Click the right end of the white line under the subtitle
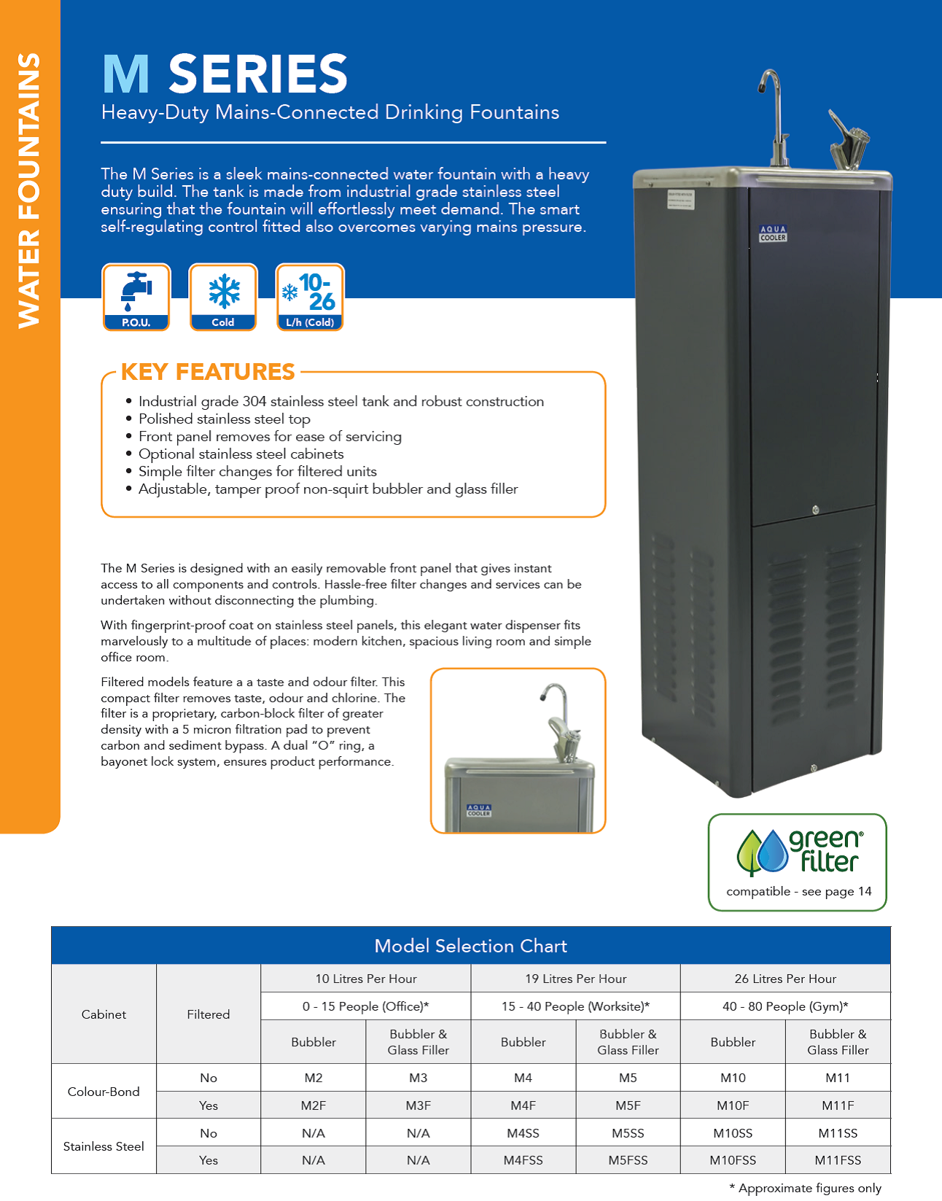point(606,143)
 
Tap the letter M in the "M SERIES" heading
point(126,74)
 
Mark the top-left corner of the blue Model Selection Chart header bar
point(51,928)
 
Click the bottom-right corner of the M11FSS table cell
point(891,1173)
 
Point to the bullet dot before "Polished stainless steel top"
point(129,419)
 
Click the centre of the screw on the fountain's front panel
point(815,510)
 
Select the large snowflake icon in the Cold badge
point(224,291)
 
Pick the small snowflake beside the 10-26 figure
point(289,292)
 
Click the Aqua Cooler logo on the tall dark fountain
point(773,233)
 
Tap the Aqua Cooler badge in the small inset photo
point(478,809)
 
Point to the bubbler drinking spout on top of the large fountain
point(849,141)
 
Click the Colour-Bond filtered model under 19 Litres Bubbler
point(523,1105)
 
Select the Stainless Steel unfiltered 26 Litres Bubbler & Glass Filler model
point(838,1132)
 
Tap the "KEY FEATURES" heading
point(208,371)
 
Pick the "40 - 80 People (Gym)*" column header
point(785,1006)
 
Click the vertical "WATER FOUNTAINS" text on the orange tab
point(28,190)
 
